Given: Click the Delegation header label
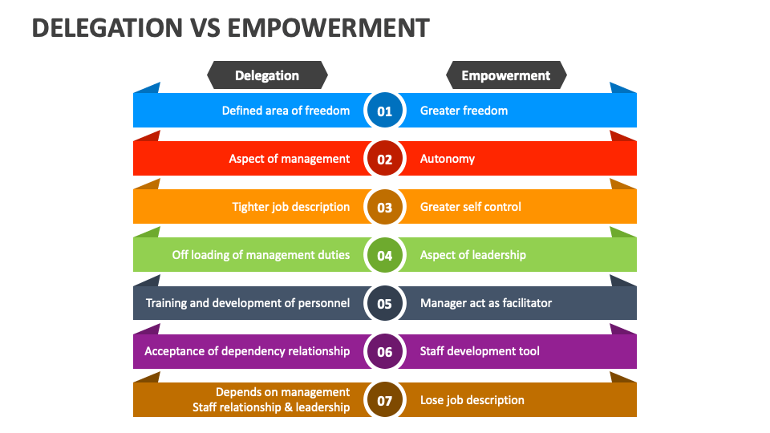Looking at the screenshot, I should [x=267, y=75].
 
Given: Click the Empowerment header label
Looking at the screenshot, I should [x=506, y=75].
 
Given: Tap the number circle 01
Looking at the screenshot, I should [x=385, y=111].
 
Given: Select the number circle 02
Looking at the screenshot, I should [x=385, y=159].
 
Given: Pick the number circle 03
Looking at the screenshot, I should [x=385, y=207].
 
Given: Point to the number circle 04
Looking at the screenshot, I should [x=385, y=255].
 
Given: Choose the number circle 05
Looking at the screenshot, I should [x=385, y=303].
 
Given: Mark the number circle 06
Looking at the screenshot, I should [x=385, y=351].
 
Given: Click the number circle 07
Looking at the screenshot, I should [x=385, y=400].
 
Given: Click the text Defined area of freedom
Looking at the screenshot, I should [x=286, y=111].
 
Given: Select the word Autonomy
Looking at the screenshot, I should [x=448, y=159].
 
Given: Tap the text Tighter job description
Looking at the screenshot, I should [x=291, y=207].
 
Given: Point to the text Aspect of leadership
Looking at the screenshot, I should [x=473, y=255].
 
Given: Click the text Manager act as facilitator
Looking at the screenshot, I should [x=486, y=303].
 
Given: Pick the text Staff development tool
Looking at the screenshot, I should [x=480, y=351].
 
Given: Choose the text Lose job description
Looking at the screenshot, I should [x=472, y=400].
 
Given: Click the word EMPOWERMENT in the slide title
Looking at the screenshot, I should [x=329, y=28].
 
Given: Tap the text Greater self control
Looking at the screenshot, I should [x=471, y=207].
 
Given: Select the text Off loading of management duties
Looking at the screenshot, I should [x=261, y=255].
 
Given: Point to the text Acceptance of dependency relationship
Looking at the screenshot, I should [x=247, y=351].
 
